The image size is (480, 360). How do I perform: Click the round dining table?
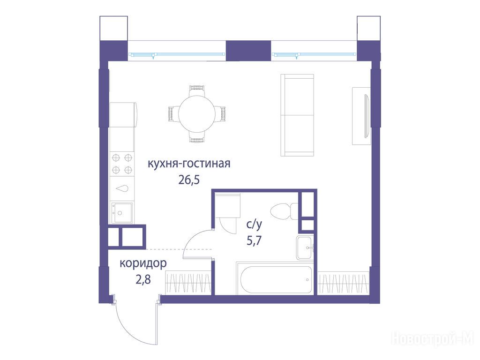(196, 114)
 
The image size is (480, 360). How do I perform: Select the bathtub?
(275, 279)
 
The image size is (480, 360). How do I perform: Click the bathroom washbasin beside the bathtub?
(305, 247)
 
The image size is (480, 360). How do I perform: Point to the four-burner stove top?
(122, 164)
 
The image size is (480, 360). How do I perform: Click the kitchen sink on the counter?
(122, 213)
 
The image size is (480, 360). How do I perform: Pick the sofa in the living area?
(297, 115)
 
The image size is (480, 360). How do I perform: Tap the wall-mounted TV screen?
(366, 116)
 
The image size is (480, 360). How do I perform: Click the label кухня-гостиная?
(189, 164)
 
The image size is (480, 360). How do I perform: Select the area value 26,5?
(189, 180)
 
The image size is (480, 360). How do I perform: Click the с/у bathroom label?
(254, 225)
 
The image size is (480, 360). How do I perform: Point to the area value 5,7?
(254, 241)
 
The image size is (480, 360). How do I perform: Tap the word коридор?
(143, 263)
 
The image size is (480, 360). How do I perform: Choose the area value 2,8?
(143, 279)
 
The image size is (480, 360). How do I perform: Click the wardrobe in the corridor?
(188, 283)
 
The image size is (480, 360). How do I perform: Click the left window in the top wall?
(177, 55)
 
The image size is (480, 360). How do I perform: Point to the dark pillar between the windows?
(248, 51)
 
